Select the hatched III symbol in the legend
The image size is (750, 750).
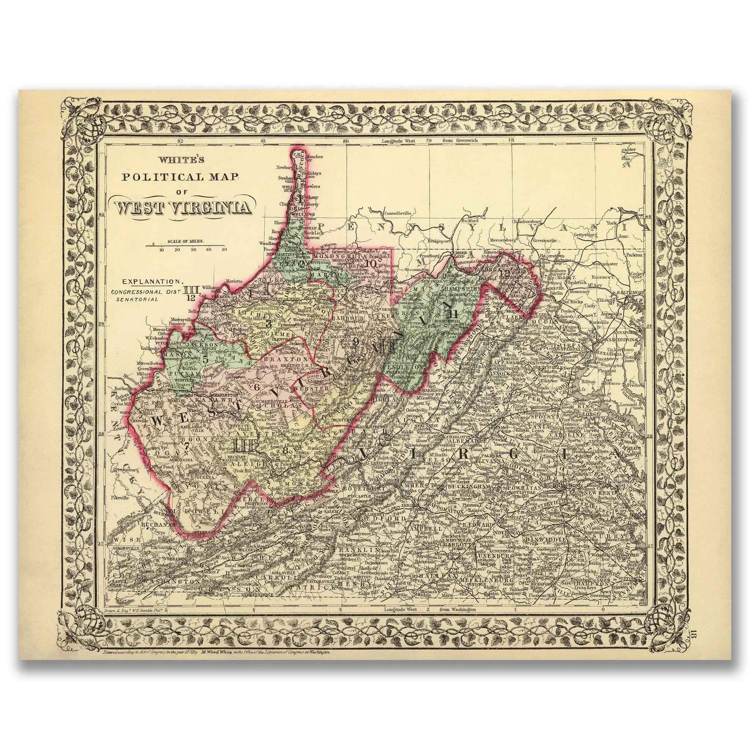tap(190, 290)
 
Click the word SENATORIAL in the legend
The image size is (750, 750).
tap(137, 299)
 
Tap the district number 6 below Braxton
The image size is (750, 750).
tap(256, 387)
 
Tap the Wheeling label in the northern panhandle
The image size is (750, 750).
tap(303, 214)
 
